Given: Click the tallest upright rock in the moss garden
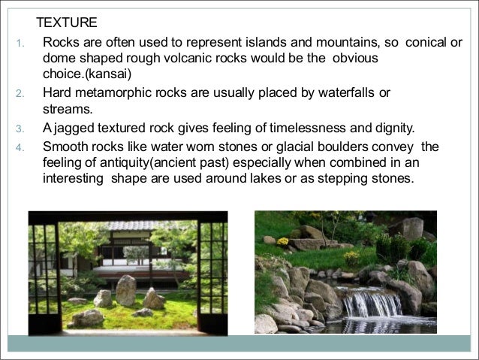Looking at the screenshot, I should point(126,291).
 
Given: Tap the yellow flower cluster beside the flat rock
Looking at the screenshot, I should point(282,241).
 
